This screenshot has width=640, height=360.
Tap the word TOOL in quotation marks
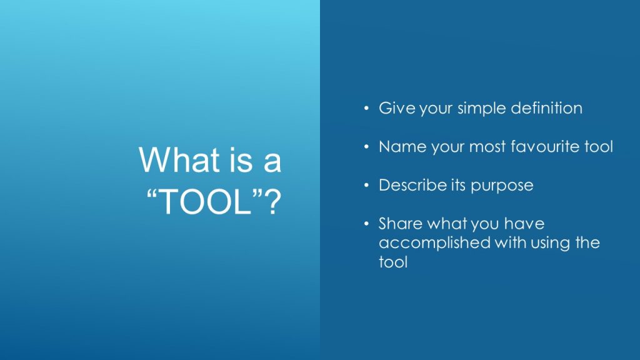click(204, 201)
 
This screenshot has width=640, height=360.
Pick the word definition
click(546, 108)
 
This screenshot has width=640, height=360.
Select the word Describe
click(412, 185)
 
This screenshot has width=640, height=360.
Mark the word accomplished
click(434, 243)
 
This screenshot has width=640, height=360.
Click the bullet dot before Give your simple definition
click(366, 109)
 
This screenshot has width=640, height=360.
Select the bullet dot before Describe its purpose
click(366, 186)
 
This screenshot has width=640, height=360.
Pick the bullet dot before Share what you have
click(366, 224)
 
